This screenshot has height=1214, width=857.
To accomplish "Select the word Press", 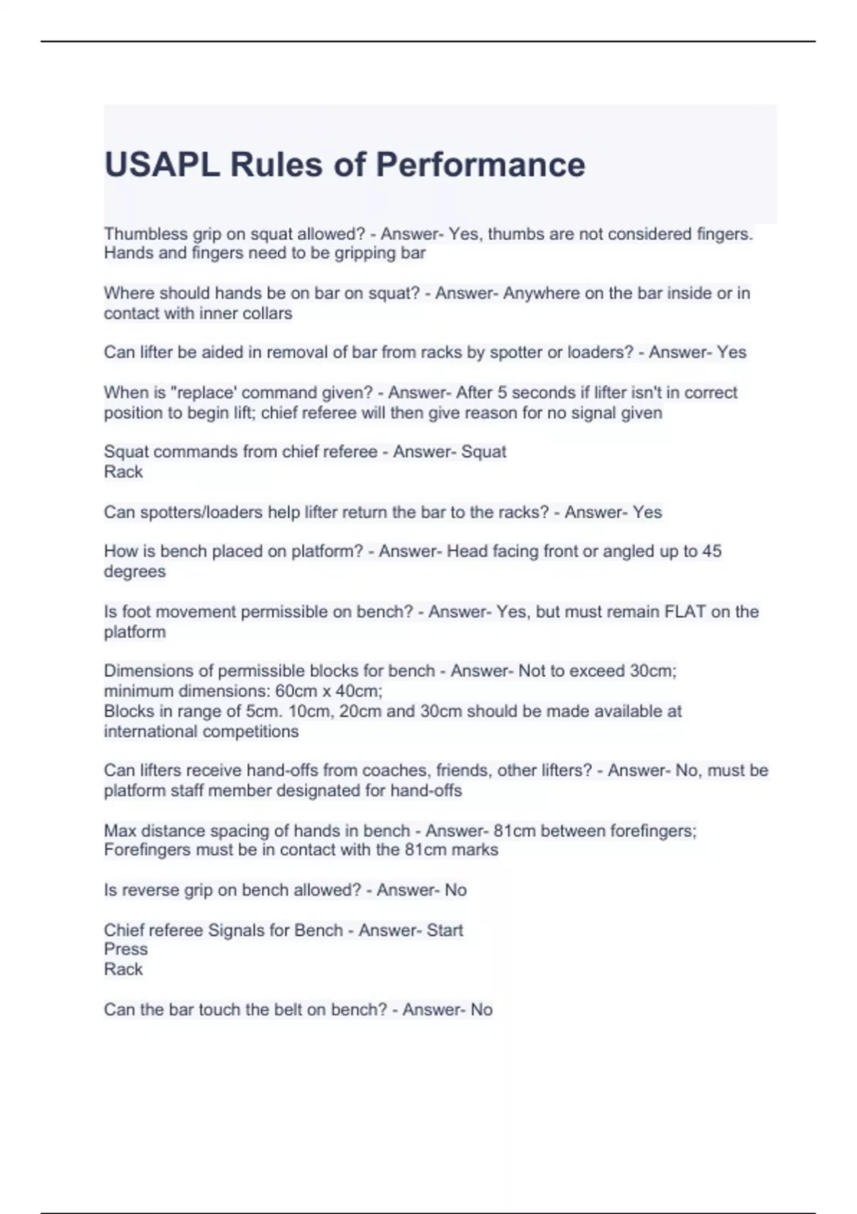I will (x=126, y=949).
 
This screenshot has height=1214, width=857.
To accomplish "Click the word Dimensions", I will (x=147, y=671).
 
